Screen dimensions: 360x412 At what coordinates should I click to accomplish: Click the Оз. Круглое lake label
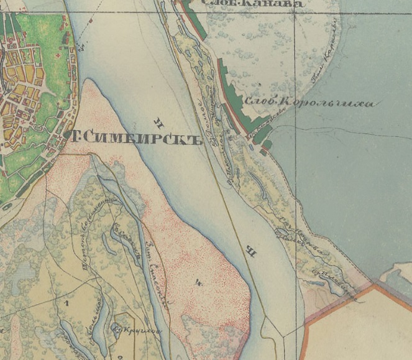coord(137,330)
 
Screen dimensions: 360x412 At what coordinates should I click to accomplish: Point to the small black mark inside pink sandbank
coord(198,284)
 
